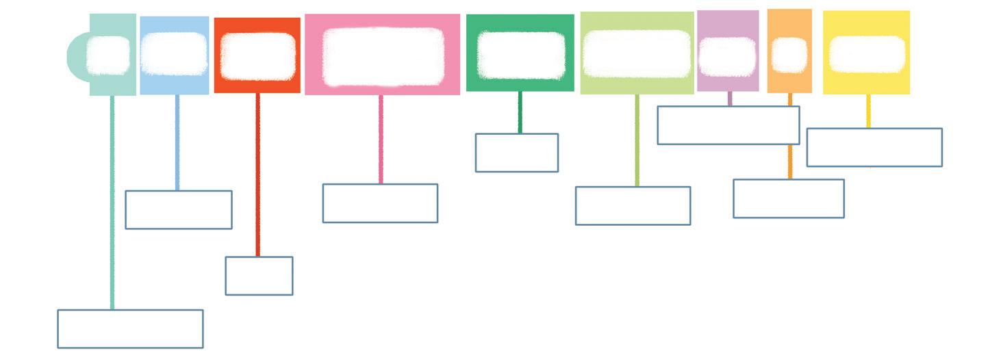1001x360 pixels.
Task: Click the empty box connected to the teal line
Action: coord(130,329)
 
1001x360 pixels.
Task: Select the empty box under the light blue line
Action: coord(178,209)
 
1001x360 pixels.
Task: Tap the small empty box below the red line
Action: coord(259,276)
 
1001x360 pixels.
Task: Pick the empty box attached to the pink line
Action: coord(380,203)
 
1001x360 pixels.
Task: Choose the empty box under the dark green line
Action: coord(516,153)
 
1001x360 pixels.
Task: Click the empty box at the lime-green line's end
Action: coord(633,205)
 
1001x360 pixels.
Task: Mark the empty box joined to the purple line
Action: coord(728,125)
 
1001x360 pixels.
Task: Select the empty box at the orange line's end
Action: coord(788,198)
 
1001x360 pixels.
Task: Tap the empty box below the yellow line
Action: coord(874,147)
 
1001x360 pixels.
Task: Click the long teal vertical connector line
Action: coord(112,205)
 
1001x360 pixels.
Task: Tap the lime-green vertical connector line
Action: coord(637,140)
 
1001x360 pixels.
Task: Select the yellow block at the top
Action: coord(866,21)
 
